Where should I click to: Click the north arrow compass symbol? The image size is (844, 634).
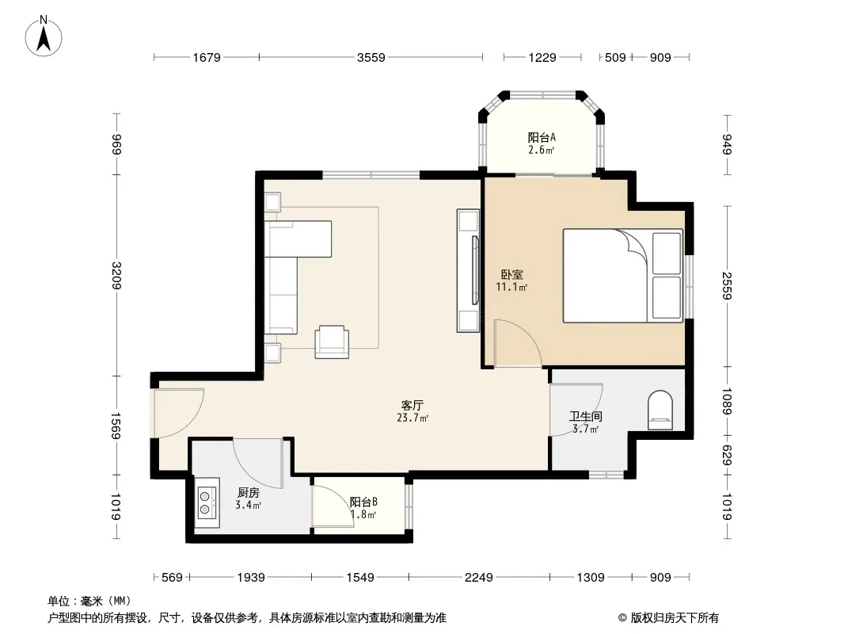point(44,36)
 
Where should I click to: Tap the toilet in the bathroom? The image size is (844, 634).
point(660,411)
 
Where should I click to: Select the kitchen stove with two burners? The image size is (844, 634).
point(207,502)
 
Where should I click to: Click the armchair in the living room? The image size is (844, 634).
point(332,342)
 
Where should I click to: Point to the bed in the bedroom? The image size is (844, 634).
point(623,276)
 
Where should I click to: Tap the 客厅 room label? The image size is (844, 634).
point(412,405)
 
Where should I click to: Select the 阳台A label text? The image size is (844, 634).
point(542,137)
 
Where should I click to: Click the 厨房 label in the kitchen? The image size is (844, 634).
point(248,492)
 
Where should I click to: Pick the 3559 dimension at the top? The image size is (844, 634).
point(371,57)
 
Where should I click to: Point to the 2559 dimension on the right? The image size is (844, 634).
point(727,286)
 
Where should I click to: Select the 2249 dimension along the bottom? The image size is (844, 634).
point(478,578)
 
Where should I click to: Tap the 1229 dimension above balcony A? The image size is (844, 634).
point(542,57)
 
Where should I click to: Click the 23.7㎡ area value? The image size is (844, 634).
point(412,418)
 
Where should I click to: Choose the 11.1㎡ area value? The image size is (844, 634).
point(511,287)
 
